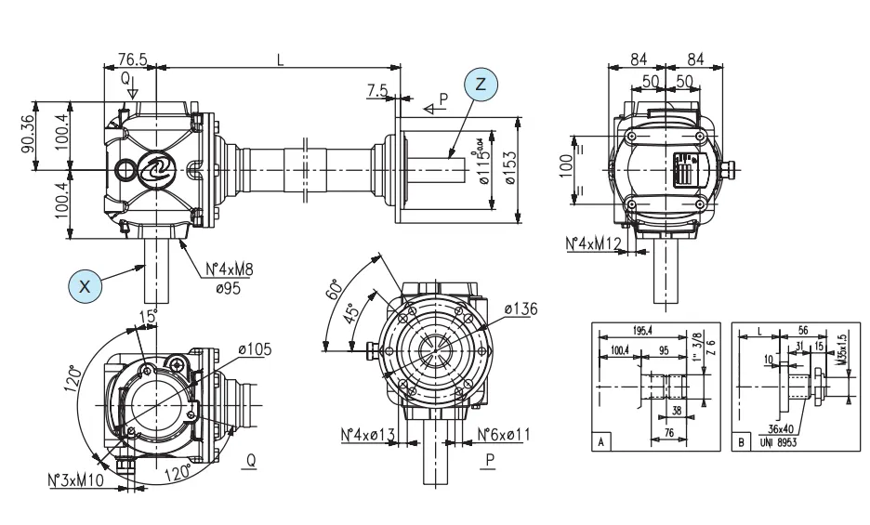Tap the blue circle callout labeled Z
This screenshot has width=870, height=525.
480,84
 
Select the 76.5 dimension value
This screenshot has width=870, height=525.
134,58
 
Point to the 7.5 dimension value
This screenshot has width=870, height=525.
377,91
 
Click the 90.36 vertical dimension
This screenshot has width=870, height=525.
29,136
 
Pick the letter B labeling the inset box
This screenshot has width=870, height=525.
741,443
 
